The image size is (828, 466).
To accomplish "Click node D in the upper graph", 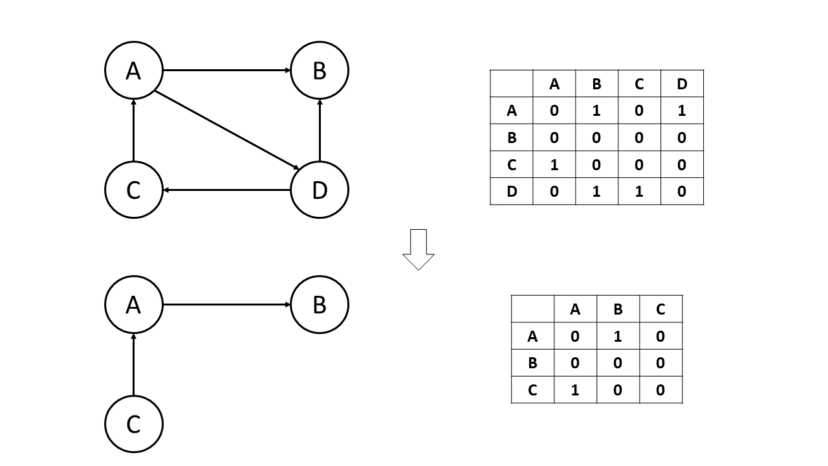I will pyautogui.click(x=320, y=190).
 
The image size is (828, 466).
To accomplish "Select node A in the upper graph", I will pyautogui.click(x=133, y=71).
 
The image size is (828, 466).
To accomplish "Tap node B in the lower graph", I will pyautogui.click(x=320, y=305).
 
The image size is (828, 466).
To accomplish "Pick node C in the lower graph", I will pyautogui.click(x=133, y=425).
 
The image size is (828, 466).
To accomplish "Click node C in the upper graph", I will pyautogui.click(x=133, y=190).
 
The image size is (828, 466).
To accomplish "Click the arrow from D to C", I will pyautogui.click(x=226, y=190).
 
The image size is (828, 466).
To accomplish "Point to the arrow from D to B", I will pyautogui.click(x=320, y=129).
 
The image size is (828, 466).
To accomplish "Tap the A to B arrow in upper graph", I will pyautogui.click(x=226, y=71).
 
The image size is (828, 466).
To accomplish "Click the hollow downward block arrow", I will pyautogui.click(x=419, y=249).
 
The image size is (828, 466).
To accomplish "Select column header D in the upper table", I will pyautogui.click(x=682, y=83).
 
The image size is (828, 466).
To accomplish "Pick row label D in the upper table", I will pyautogui.click(x=512, y=192).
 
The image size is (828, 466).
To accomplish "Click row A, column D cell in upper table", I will pyautogui.click(x=682, y=111).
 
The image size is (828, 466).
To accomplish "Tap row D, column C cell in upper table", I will pyautogui.click(x=639, y=192).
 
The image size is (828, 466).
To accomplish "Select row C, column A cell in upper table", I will pyautogui.click(x=554, y=164).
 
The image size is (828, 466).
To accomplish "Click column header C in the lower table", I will pyautogui.click(x=660, y=309).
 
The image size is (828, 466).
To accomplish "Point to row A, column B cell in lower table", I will pyautogui.click(x=618, y=337).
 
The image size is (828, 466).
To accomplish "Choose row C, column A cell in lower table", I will pyautogui.click(x=575, y=390).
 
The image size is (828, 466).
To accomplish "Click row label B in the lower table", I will pyautogui.click(x=532, y=363).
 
